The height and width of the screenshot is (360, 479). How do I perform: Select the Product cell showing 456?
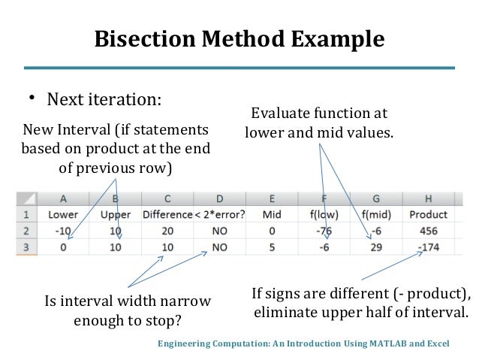pyautogui.click(x=426, y=231)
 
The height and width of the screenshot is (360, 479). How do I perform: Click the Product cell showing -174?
pyautogui.click(x=426, y=247)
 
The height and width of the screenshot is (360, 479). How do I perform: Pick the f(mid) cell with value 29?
pyautogui.click(x=375, y=247)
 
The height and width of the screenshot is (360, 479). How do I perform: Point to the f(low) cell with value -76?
pyautogui.click(x=324, y=231)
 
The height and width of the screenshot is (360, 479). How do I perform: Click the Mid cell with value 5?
pyautogui.click(x=272, y=247)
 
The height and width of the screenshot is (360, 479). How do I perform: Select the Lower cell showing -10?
pyautogui.click(x=63, y=231)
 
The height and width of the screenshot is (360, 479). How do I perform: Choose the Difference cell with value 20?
pyautogui.click(x=167, y=231)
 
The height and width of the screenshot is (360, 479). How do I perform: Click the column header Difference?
pyautogui.click(x=167, y=215)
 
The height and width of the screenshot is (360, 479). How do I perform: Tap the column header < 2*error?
pyautogui.click(x=220, y=215)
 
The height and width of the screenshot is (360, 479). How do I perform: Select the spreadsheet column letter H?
pyautogui.click(x=426, y=199)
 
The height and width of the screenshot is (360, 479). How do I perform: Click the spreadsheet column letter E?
pyautogui.click(x=272, y=199)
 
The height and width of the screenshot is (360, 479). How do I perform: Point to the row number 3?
pyautogui.click(x=25, y=247)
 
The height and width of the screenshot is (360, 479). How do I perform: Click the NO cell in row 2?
pyautogui.click(x=220, y=231)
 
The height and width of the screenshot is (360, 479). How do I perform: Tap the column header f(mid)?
pyautogui.click(x=375, y=215)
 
